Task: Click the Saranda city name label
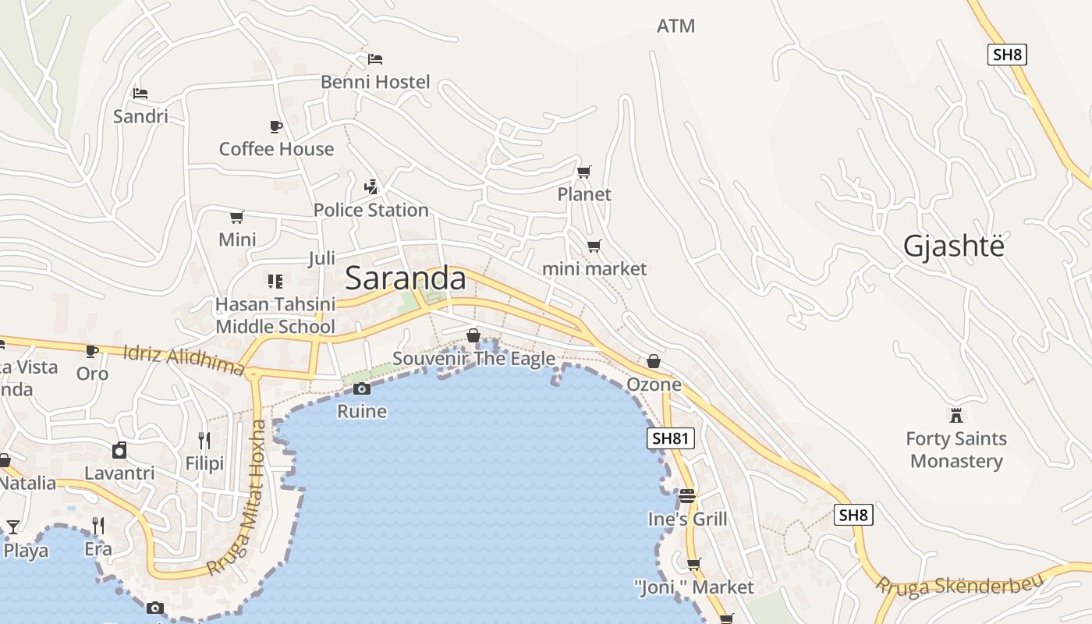(x=406, y=278)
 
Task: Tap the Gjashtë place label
(x=953, y=246)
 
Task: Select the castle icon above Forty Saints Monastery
(x=955, y=415)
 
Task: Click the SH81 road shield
(x=670, y=438)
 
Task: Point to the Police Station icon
(x=371, y=187)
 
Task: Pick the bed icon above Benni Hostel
(x=375, y=58)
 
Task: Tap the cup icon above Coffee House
(x=275, y=126)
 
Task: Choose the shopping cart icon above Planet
(x=583, y=172)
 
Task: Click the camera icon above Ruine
(x=361, y=388)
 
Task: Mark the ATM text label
(x=675, y=26)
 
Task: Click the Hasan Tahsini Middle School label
(x=275, y=315)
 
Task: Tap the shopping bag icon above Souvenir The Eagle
(x=473, y=335)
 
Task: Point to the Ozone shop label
(x=654, y=385)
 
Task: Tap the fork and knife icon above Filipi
(x=204, y=441)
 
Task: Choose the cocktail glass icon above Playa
(x=13, y=527)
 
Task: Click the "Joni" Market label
(x=693, y=587)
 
